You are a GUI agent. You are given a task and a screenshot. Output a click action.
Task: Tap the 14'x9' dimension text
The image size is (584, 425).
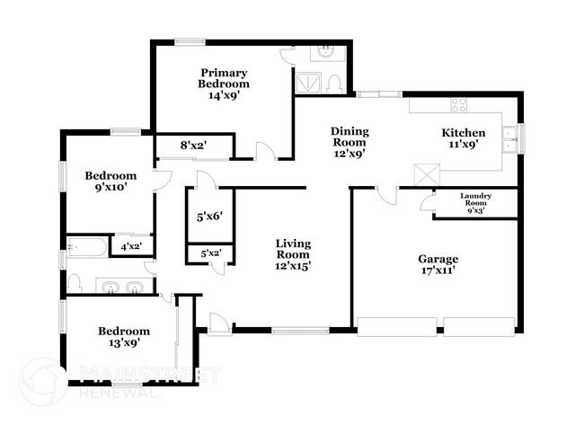pyautogui.click(x=224, y=94)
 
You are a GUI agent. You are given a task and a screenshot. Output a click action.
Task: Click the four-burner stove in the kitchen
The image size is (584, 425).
pyautogui.click(x=458, y=104)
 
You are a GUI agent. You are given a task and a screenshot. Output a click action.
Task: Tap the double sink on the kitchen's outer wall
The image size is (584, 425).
pyautogui.click(x=510, y=137)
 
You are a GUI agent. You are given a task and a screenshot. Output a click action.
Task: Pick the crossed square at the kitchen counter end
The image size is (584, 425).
pyautogui.click(x=423, y=174)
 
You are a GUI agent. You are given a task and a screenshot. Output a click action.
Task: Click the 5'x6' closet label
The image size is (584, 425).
pyautogui.click(x=208, y=216)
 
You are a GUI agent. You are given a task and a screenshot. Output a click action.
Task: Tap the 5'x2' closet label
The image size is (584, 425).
pyautogui.click(x=210, y=254)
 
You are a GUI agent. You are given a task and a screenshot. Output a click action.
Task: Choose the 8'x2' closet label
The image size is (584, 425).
pyautogui.click(x=193, y=145)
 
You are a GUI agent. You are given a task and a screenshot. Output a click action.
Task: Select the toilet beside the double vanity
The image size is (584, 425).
pyautogui.click(x=75, y=285)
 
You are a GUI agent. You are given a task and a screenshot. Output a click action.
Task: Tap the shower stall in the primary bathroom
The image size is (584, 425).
pyautogui.click(x=307, y=83)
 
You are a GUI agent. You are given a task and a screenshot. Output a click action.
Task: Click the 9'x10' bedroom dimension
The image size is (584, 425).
pyautogui.click(x=111, y=189)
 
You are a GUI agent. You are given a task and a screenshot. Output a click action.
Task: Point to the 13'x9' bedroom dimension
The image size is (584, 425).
pyautogui.click(x=124, y=342)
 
